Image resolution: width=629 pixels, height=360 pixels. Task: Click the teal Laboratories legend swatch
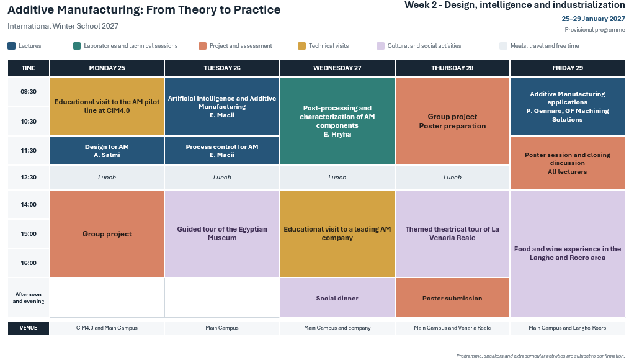pyautogui.click(x=77, y=46)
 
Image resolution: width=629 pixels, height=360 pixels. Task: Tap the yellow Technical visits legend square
pyautogui.click(x=301, y=46)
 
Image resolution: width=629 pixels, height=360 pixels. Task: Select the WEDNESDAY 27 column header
pyautogui.click(x=337, y=68)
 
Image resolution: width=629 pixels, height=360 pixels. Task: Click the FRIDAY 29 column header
pyautogui.click(x=567, y=68)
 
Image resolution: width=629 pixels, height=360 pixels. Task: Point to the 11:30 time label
pyautogui.click(x=29, y=150)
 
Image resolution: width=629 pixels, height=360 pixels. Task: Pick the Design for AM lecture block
pyautogui.click(x=107, y=150)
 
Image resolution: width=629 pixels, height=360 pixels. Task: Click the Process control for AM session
pyautogui.click(x=222, y=150)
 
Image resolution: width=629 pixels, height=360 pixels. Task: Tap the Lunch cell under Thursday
pyautogui.click(x=452, y=177)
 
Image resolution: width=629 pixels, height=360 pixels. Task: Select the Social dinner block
pyautogui.click(x=337, y=297)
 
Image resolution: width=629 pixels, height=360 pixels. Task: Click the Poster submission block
pyautogui.click(x=452, y=297)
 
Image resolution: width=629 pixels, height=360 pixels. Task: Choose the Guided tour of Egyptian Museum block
pyautogui.click(x=222, y=233)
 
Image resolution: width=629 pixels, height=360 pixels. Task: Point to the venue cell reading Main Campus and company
pyautogui.click(x=337, y=328)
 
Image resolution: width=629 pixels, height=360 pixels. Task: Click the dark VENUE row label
pyautogui.click(x=29, y=328)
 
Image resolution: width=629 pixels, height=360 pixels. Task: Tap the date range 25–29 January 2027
pyautogui.click(x=593, y=19)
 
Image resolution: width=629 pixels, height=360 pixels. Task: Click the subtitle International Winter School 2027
pyautogui.click(x=63, y=26)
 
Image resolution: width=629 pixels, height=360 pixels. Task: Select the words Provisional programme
pyautogui.click(x=595, y=30)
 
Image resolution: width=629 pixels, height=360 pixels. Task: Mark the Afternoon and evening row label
pyautogui.click(x=29, y=298)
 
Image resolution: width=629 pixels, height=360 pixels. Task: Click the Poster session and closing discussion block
pyautogui.click(x=567, y=163)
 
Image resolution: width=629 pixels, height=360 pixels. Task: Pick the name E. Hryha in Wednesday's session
pyautogui.click(x=337, y=134)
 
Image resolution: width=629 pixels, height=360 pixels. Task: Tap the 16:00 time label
pyautogui.click(x=29, y=263)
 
